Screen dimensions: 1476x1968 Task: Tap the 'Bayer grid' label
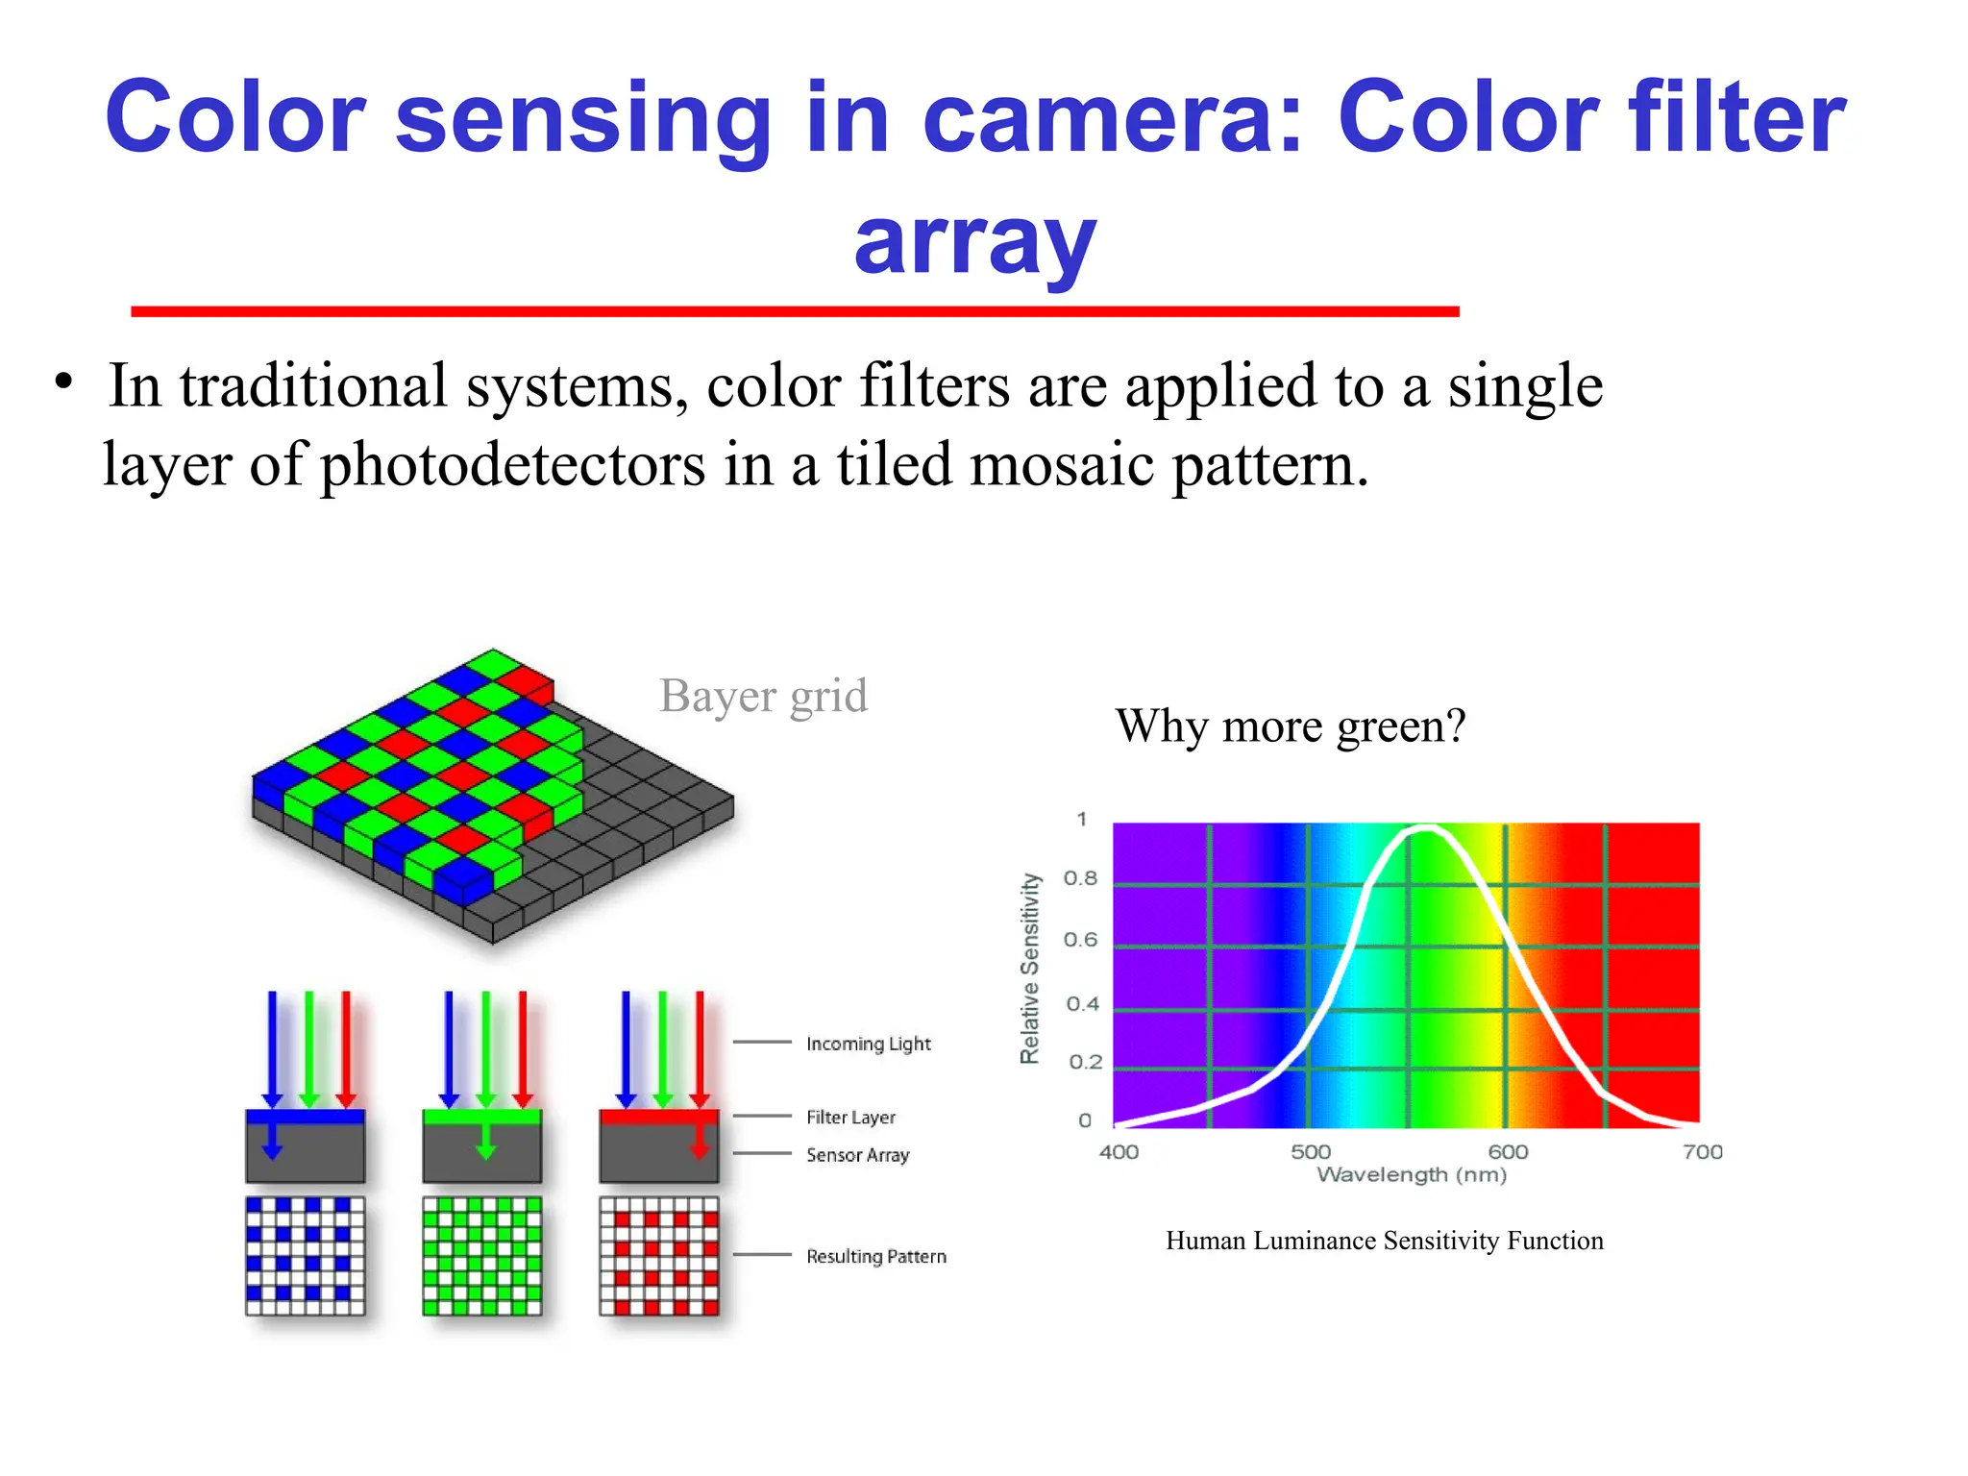coord(763,696)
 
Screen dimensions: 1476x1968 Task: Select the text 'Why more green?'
coord(1290,726)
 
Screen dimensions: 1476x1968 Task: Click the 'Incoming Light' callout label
coord(868,1044)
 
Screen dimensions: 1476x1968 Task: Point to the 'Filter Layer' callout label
coord(850,1117)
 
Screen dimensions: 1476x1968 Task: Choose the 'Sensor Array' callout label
coord(857,1155)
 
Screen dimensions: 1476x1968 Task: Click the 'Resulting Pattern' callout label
coord(875,1256)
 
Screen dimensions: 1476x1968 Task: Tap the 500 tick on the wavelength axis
coord(1310,1151)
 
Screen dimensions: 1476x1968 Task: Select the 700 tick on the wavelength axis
coord(1702,1151)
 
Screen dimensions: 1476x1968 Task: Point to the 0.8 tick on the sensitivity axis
coord(1080,878)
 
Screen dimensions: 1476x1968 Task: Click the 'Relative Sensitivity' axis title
coord(1029,968)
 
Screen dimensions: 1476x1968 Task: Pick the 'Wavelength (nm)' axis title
coord(1411,1175)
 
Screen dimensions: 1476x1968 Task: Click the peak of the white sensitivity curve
coord(1426,827)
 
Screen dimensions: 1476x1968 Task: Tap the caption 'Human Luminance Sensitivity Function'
coord(1384,1241)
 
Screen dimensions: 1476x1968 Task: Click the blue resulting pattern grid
coord(306,1256)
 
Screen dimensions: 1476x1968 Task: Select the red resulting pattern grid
coord(658,1256)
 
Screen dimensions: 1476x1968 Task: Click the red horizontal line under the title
coord(795,311)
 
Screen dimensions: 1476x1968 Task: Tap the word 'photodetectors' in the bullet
coord(512,465)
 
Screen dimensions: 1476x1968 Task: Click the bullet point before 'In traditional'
coord(63,381)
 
